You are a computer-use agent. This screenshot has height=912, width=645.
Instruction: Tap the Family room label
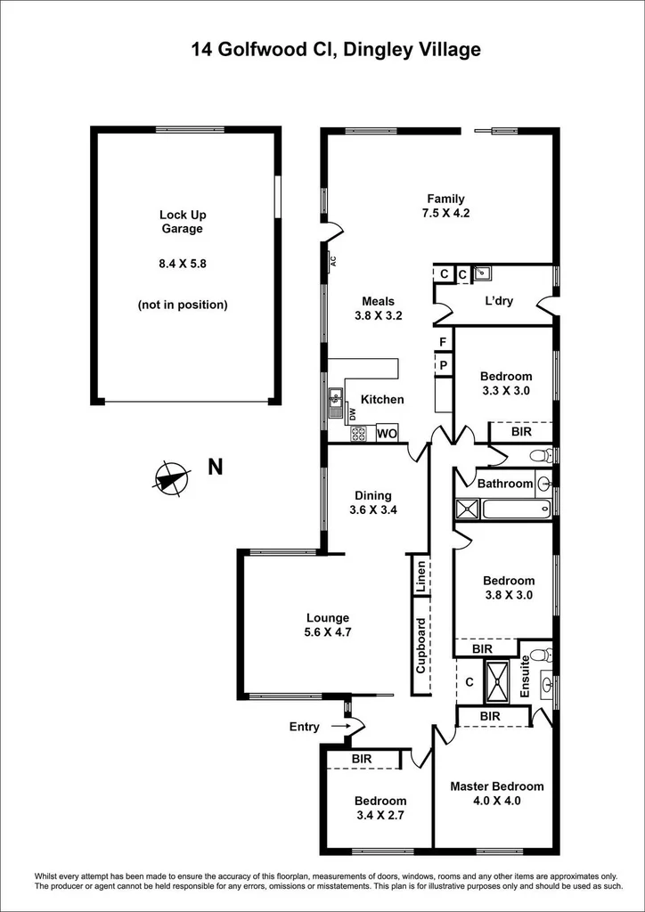[445, 199]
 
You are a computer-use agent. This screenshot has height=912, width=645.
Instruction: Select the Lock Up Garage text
[182, 222]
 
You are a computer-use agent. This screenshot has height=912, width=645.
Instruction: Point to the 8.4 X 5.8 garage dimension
[182, 263]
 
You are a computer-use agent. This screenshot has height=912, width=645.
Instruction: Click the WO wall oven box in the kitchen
[387, 434]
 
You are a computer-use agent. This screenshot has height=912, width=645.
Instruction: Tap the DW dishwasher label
[353, 414]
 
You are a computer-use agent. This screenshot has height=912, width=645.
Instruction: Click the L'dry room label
[499, 301]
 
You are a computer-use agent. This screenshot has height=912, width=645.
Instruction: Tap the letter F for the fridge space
[442, 342]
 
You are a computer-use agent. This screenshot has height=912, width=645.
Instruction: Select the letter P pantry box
[442, 364]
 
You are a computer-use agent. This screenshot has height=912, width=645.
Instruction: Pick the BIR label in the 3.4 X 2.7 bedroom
[362, 759]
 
